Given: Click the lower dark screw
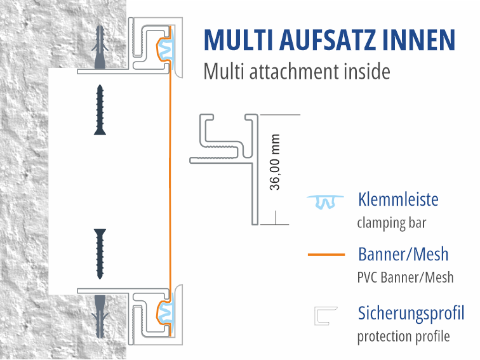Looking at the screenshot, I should coord(100,253).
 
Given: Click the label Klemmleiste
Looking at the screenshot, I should coord(398,200).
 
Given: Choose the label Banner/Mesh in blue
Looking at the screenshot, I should coord(403,255).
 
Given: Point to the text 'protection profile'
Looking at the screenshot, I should coord(403,336).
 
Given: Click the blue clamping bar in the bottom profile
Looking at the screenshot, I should coord(164,312).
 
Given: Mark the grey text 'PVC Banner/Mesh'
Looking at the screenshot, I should coord(405,277).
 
